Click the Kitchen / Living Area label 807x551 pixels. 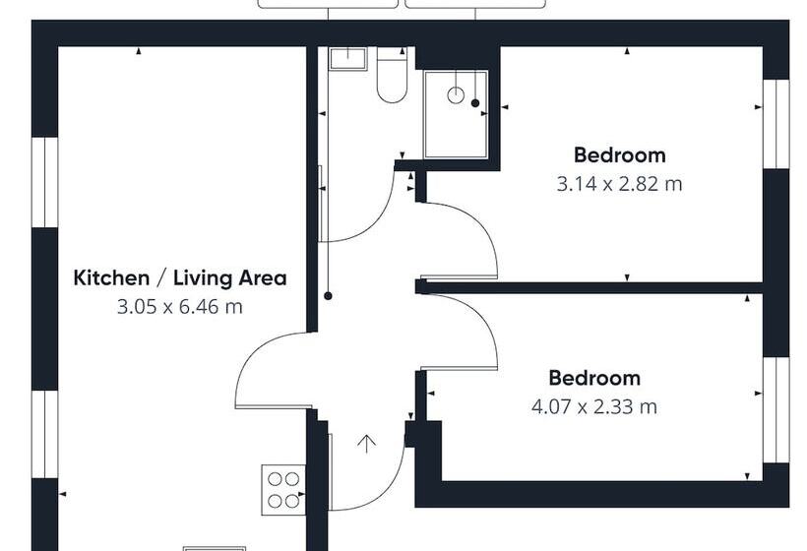pyautogui.click(x=180, y=277)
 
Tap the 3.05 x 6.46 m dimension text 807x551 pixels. pyautogui.click(x=180, y=307)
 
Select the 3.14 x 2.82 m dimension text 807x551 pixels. pyautogui.click(x=619, y=183)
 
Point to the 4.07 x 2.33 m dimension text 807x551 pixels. pyautogui.click(x=594, y=405)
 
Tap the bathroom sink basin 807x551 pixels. pyautogui.click(x=346, y=59)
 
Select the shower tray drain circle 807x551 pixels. pyautogui.click(x=456, y=95)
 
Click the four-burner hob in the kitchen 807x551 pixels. pyautogui.click(x=283, y=489)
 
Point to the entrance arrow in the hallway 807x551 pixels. pyautogui.click(x=366, y=444)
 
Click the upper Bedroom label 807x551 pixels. pyautogui.click(x=619, y=154)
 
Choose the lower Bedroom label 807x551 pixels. pyautogui.click(x=594, y=378)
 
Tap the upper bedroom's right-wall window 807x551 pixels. pyautogui.click(x=776, y=123)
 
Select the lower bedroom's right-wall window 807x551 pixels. pyautogui.click(x=776, y=409)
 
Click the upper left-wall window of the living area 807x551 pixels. pyautogui.click(x=45, y=182)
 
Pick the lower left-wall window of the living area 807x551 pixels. pyautogui.click(x=45, y=434)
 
